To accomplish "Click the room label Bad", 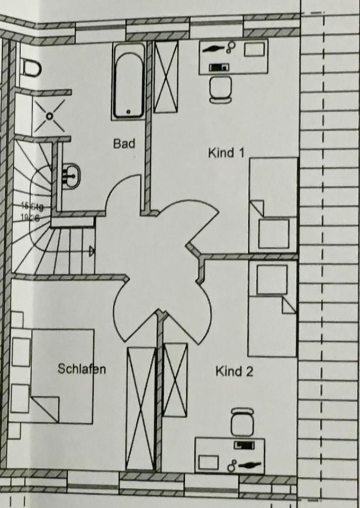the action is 124,143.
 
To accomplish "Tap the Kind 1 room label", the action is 226,153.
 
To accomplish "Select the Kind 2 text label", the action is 234,371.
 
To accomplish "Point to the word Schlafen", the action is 82,369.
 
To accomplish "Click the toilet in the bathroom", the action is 31,67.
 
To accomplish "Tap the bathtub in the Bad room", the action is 128,80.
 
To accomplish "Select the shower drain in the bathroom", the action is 49,115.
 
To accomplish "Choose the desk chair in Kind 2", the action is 242,422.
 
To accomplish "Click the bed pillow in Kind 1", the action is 274,233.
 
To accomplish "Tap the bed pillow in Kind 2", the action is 272,279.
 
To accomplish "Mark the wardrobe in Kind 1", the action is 166,76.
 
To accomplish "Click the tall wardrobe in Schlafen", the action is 141,407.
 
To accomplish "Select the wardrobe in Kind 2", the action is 175,379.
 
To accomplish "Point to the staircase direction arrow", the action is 92,251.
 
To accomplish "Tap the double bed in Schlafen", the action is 53,376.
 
